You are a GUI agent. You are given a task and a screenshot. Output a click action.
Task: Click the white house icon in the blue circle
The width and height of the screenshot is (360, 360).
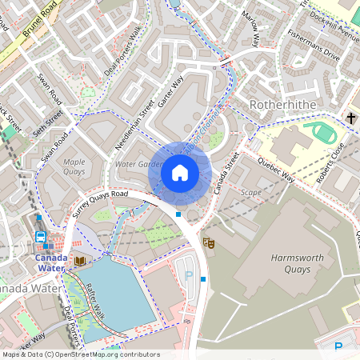pos(180,172)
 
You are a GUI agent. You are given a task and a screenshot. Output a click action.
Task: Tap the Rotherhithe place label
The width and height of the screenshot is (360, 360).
pos(284,106)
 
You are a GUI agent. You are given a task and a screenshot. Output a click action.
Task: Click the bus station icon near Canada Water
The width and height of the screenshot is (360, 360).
pos(40,237)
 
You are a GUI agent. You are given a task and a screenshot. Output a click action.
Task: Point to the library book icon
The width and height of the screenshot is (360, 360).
pos(80,261)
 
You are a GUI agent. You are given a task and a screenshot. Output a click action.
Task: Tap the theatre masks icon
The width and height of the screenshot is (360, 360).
pos(209,242)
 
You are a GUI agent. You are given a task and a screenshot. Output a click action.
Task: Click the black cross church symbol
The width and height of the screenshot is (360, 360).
pos(350,118)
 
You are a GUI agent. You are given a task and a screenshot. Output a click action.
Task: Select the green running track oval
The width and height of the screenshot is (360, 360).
pos(323,131)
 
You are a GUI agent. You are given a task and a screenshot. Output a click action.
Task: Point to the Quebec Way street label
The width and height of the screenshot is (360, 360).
pos(276,169)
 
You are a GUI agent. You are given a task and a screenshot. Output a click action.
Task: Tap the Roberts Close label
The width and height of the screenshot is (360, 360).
pos(330,162)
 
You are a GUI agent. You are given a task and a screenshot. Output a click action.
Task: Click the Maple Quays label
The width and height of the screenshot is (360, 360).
pos(74,166)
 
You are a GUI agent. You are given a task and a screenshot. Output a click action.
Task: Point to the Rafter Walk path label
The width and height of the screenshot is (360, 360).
pos(93,298)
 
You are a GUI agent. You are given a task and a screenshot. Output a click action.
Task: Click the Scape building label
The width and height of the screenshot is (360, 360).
pos(251,192)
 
